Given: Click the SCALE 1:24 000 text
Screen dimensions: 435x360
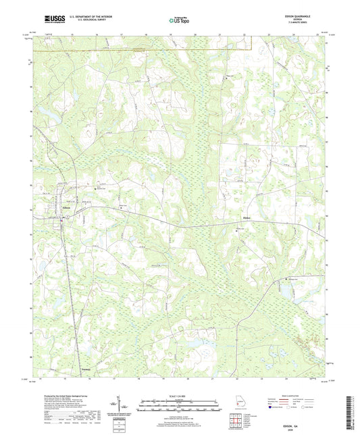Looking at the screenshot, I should pyautogui.click(x=179, y=396).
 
